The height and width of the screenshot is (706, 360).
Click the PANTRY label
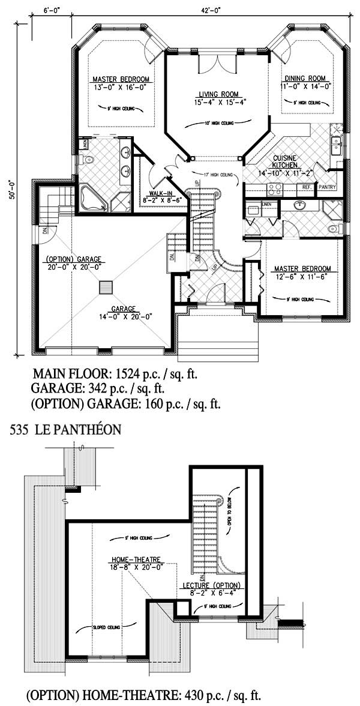click(327, 187)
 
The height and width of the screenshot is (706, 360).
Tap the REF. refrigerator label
click(306, 187)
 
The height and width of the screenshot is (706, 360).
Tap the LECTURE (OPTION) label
click(211, 585)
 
